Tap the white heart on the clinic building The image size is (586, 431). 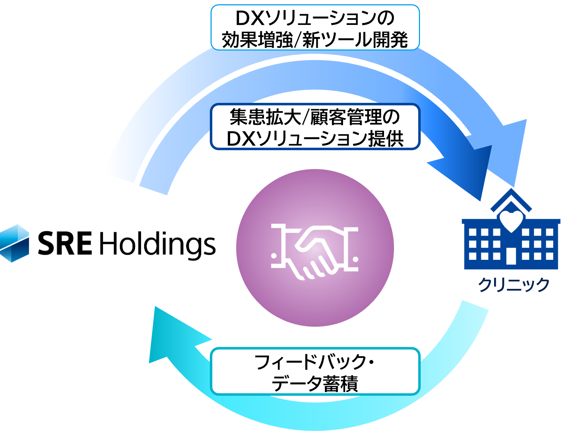[x=511, y=221]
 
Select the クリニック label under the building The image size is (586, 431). [x=514, y=285]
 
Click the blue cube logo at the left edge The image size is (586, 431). [x=14, y=243]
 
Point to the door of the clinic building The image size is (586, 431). [x=511, y=256]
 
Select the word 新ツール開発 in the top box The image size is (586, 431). [x=355, y=40]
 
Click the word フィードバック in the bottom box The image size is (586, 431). [x=310, y=362]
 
